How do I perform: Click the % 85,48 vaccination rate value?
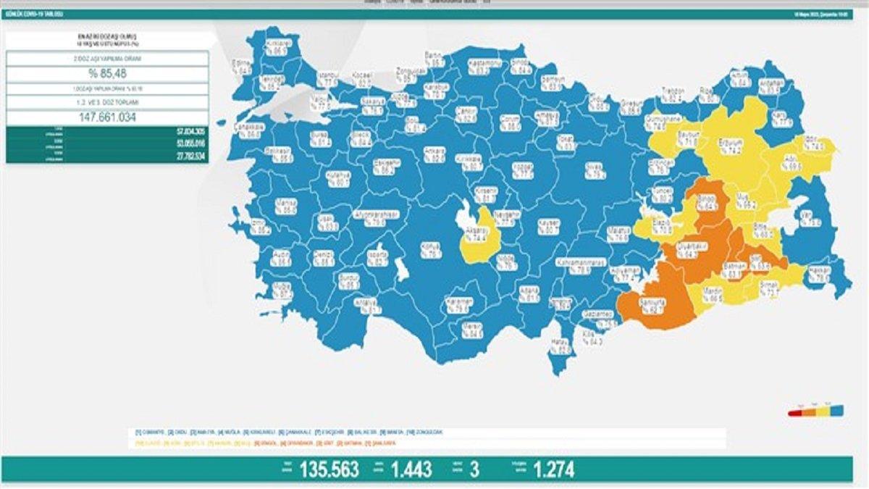[x=107, y=75]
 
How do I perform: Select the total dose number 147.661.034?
[x=107, y=117]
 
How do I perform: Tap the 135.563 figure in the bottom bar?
[x=329, y=470]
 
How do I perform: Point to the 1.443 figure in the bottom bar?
[x=411, y=470]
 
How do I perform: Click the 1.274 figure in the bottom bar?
[x=554, y=470]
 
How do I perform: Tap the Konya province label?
[x=432, y=251]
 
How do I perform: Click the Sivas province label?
[x=595, y=170]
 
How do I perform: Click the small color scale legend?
[x=815, y=411]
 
